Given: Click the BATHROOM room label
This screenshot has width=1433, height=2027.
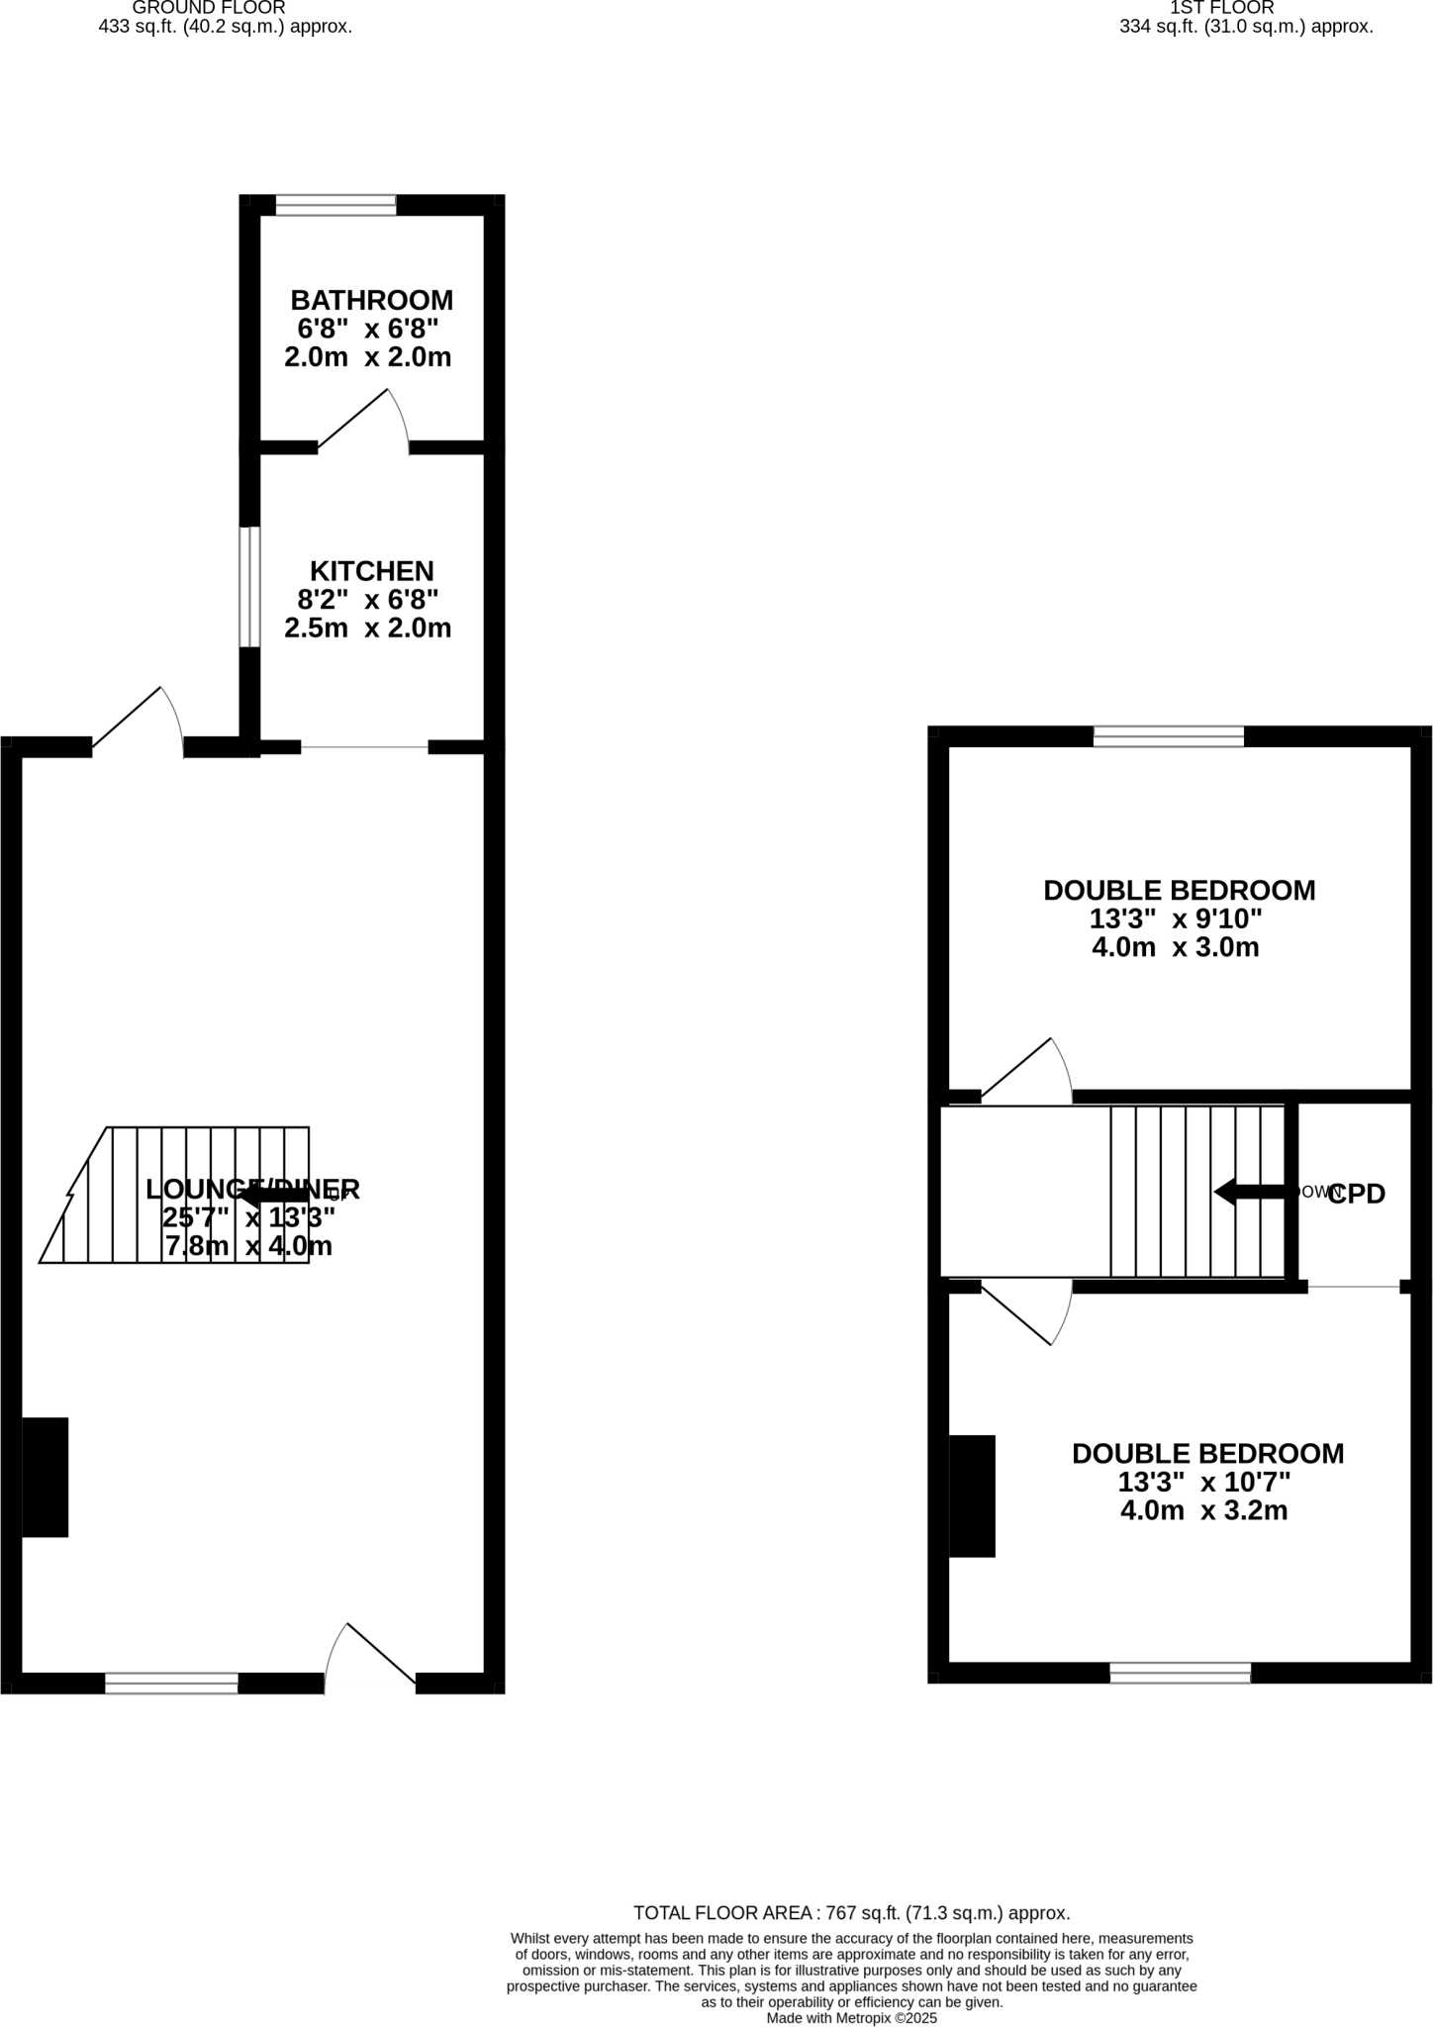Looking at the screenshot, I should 371,300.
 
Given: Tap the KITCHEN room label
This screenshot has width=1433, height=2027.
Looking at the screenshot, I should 372,571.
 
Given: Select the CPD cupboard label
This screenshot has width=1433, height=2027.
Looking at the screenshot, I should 1356,1195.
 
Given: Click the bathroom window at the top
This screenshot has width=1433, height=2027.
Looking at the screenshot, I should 335,206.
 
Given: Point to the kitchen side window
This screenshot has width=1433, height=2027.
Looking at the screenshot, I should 249,587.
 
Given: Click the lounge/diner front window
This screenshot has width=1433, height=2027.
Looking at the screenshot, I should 171,1683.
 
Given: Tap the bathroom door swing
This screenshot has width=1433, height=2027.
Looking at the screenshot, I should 362,422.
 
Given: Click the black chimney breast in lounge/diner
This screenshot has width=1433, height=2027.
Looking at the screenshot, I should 46,1477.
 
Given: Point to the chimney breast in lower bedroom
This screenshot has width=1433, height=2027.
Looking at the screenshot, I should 972,1496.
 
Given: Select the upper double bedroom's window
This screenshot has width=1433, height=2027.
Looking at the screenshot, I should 1169,736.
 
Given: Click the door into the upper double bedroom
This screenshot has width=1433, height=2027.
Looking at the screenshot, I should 1026,1072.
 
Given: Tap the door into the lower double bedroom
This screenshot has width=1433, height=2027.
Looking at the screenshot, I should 1026,1313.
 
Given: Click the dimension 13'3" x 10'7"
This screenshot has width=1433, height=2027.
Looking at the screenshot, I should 1204,1483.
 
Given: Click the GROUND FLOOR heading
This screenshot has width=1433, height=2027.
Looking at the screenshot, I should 209,8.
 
